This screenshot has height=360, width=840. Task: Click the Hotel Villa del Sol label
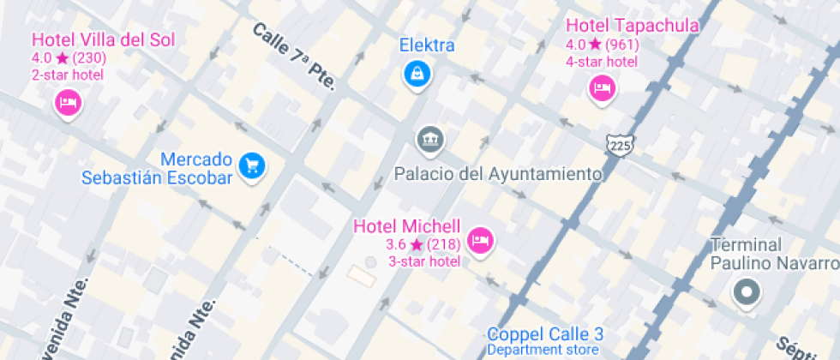[x=103, y=39]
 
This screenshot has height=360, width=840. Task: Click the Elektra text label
[x=427, y=45]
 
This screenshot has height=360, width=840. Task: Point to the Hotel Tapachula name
[x=633, y=26]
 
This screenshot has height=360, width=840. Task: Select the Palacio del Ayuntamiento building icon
[x=429, y=140]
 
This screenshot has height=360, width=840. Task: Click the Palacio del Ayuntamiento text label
[x=498, y=174]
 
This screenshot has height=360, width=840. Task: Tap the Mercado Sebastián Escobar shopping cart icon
[x=251, y=165]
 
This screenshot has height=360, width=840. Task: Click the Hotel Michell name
[x=407, y=226]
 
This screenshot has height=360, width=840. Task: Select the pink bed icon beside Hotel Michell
[x=482, y=239]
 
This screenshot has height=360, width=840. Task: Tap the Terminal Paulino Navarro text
[x=773, y=254]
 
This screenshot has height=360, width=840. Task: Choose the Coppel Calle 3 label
[x=546, y=334]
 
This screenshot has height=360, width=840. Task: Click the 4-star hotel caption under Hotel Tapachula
[x=601, y=61]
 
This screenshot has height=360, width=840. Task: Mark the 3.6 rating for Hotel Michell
[x=396, y=245]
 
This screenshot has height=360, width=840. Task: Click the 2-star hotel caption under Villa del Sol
[x=68, y=75]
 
